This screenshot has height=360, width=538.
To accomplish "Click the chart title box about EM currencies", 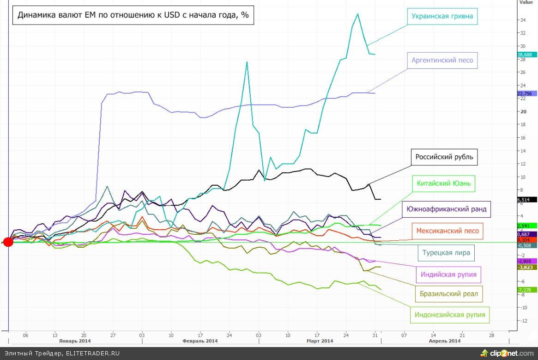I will coord(133,15).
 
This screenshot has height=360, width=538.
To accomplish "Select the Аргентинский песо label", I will coord(442,60).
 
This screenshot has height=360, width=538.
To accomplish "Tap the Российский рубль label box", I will coord(444,157).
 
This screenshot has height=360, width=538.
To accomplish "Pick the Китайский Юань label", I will coord(443,183).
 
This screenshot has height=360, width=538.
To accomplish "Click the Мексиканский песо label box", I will coord(447,231).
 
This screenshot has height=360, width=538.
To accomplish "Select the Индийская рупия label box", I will coord(448,275).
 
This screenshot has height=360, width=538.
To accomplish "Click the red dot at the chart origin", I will coord(8,242).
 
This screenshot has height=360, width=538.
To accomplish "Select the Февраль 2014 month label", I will coord(200,341).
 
